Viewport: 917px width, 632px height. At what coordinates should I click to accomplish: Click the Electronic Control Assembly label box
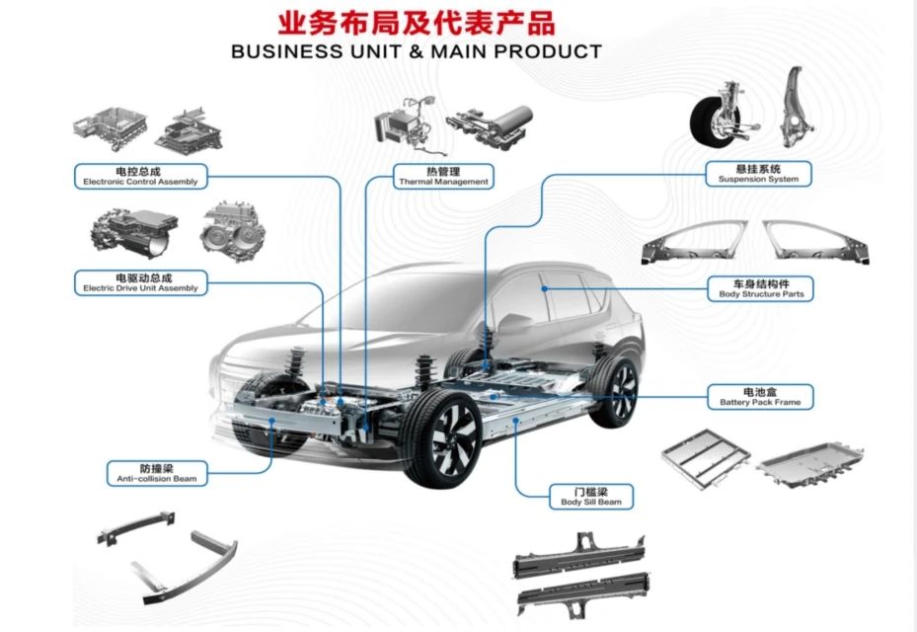[x=140, y=176]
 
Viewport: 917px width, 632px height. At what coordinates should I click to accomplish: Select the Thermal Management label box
[x=443, y=176]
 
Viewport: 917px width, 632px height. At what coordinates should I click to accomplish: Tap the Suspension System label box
[x=758, y=174]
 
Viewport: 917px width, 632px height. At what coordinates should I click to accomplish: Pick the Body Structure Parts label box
[x=761, y=288]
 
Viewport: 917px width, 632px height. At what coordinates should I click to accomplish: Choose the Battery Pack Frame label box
[x=760, y=396]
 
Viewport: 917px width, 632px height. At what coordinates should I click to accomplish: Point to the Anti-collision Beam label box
[x=156, y=472]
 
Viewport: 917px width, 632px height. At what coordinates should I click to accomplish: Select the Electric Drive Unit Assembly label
[x=140, y=282]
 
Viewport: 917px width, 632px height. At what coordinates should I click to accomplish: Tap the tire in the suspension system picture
[x=714, y=123]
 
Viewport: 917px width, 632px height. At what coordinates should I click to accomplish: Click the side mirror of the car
[x=515, y=322]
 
